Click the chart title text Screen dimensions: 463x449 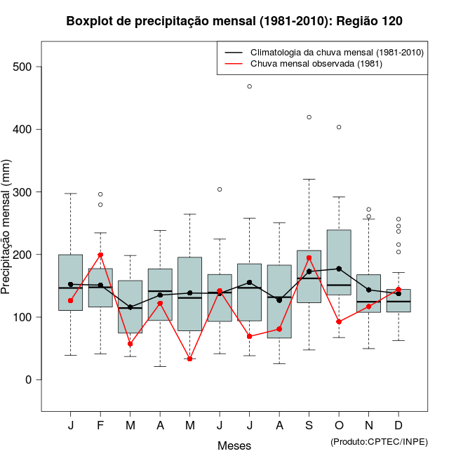click(x=234, y=21)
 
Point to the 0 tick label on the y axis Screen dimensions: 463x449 click(x=29, y=380)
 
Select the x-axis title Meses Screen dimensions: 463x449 click(x=234, y=445)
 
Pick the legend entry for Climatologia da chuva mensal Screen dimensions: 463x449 click(x=337, y=52)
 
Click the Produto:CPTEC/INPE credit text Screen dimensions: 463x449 click(x=379, y=441)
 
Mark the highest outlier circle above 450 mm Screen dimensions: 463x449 click(x=249, y=86)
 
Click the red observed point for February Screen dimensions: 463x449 click(x=100, y=255)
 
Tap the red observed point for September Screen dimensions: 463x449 click(x=309, y=257)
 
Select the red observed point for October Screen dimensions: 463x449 click(x=339, y=322)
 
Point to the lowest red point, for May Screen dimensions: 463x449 click(x=189, y=359)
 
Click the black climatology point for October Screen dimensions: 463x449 click(x=339, y=269)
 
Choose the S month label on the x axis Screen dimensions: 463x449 click(x=309, y=426)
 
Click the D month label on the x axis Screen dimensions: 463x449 click(x=398, y=426)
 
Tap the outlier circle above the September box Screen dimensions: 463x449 click(x=309, y=117)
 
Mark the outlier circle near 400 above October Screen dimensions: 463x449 click(x=339, y=127)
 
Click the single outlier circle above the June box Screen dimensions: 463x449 click(x=220, y=189)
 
